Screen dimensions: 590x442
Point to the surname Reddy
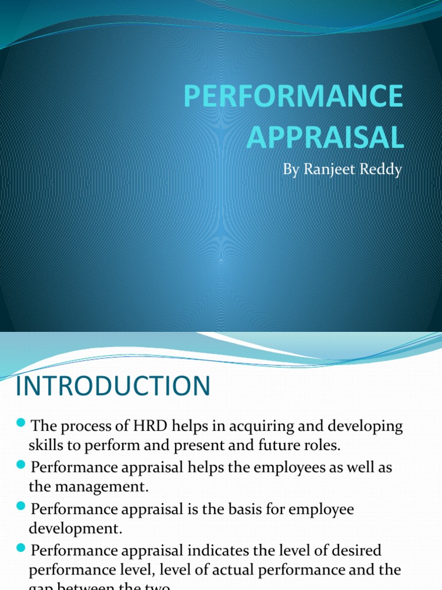380,171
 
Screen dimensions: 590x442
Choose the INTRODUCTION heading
113,386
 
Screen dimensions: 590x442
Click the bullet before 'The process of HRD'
22,425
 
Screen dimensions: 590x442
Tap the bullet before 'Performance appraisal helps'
22,465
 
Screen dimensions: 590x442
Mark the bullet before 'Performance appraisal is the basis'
22,506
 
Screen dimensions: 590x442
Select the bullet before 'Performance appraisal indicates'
22,548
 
